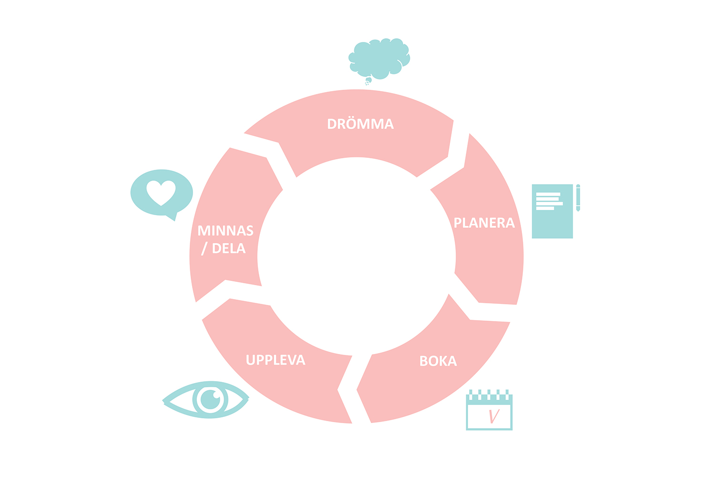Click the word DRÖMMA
click(x=360, y=124)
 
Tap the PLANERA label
click(x=484, y=223)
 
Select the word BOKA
click(x=438, y=361)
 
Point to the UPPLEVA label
click(x=276, y=360)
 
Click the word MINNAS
click(x=225, y=231)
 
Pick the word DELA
click(x=229, y=249)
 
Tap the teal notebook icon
click(x=552, y=211)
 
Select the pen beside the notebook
click(x=578, y=197)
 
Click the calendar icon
click(x=489, y=410)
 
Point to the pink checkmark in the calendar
click(x=494, y=416)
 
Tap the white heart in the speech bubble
click(x=161, y=193)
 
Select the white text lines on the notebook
click(x=549, y=201)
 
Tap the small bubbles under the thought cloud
click(x=368, y=82)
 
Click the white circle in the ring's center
click(x=357, y=256)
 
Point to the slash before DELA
click(x=204, y=249)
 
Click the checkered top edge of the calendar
click(x=489, y=395)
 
